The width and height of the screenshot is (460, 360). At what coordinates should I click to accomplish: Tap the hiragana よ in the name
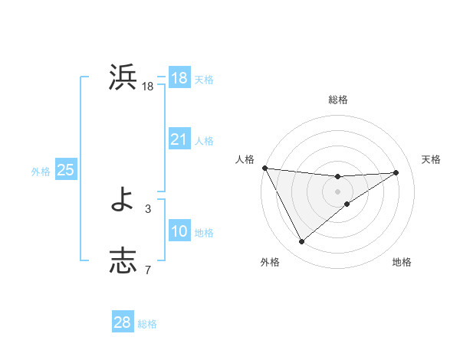(x=123, y=201)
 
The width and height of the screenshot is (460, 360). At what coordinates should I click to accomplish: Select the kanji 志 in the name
(x=123, y=260)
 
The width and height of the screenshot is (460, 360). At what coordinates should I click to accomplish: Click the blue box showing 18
(x=179, y=78)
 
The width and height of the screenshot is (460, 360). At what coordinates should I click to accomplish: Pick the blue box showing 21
(x=179, y=139)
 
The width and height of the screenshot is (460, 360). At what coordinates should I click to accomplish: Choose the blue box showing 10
(x=179, y=231)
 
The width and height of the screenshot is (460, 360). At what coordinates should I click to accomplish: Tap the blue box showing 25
(x=65, y=170)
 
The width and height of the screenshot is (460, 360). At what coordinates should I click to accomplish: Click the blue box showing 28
(x=122, y=322)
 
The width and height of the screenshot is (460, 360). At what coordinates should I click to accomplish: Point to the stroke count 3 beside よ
(x=148, y=208)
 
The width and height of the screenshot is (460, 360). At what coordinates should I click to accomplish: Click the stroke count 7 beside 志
(x=148, y=269)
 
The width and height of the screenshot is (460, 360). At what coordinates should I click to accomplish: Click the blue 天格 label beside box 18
(x=204, y=80)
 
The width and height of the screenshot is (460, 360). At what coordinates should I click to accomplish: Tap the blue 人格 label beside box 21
(x=204, y=141)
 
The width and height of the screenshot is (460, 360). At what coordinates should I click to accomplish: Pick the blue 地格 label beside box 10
(x=204, y=233)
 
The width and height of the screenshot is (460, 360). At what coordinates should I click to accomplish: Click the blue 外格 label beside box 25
(x=41, y=172)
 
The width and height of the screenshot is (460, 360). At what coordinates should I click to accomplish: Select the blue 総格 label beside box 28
(x=147, y=324)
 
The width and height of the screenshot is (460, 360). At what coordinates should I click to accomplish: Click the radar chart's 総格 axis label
(x=338, y=100)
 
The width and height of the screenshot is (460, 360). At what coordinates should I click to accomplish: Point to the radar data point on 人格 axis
(x=264, y=168)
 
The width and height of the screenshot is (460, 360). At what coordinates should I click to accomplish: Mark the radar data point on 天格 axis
(x=396, y=172)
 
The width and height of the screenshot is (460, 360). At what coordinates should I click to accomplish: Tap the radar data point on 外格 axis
(x=301, y=242)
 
